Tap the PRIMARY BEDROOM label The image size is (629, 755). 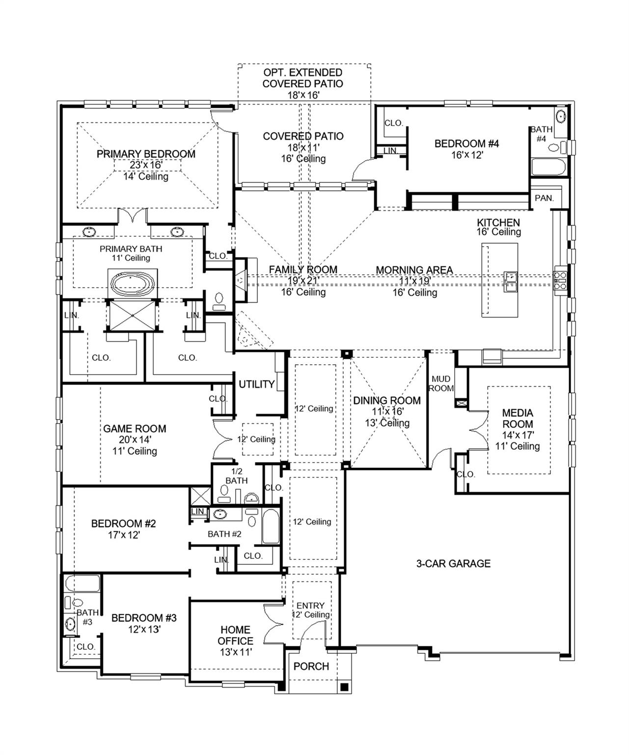coord(146,154)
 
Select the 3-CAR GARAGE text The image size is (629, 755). coord(453,564)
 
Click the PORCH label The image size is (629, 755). coord(311,667)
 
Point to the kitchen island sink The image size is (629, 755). coord(510,281)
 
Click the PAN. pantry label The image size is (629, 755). coord(544,198)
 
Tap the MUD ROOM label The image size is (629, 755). coord(441,383)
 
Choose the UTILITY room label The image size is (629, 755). coord(256,384)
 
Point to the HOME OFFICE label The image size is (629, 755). coord(236,635)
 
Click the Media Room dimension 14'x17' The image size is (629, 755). coord(518,435)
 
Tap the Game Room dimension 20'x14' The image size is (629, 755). coord(135,440)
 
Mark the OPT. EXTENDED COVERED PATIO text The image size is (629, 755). coord(303,78)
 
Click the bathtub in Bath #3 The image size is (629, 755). coord(82,584)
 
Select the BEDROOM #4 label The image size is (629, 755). coord(466,144)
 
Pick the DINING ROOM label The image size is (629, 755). coord(387,401)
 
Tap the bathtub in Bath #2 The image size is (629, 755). coord(271,527)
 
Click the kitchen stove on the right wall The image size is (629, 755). coord(560,280)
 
